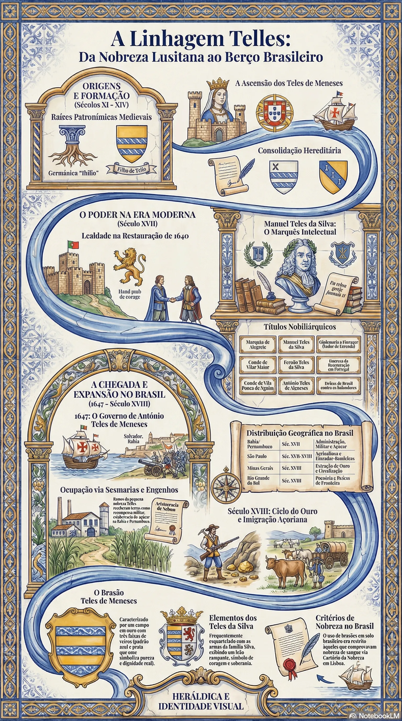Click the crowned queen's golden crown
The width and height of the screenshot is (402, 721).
pos(218,83)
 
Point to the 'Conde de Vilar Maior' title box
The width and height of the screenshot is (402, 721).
pos(258,365)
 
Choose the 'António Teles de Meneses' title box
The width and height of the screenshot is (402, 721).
pos(296,385)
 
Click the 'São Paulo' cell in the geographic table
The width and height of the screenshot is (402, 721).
pos(257,456)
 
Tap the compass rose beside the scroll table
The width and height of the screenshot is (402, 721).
pos(226,488)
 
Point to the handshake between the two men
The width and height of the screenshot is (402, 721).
pos(173,300)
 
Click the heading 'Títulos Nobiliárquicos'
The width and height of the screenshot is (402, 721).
pos(300,327)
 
